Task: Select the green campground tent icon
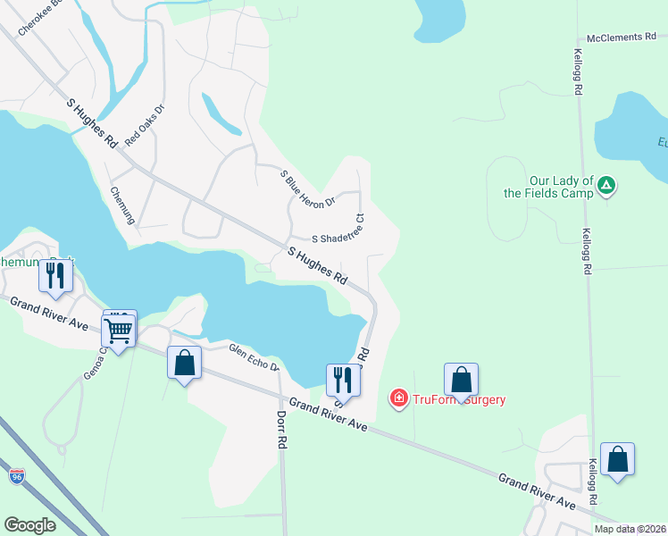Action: (x=606, y=186)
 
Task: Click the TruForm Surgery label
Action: (x=459, y=399)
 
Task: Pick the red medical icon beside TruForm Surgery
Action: (x=399, y=398)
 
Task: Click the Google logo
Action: (x=30, y=525)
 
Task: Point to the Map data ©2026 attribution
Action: (x=630, y=529)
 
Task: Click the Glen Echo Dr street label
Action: (x=255, y=358)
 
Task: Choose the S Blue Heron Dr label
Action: (x=306, y=188)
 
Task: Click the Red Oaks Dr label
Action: (x=145, y=126)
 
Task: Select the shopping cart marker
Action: (x=119, y=331)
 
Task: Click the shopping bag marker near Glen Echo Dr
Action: (x=184, y=363)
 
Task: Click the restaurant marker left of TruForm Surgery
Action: (x=342, y=380)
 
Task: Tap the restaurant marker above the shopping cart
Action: (x=55, y=279)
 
